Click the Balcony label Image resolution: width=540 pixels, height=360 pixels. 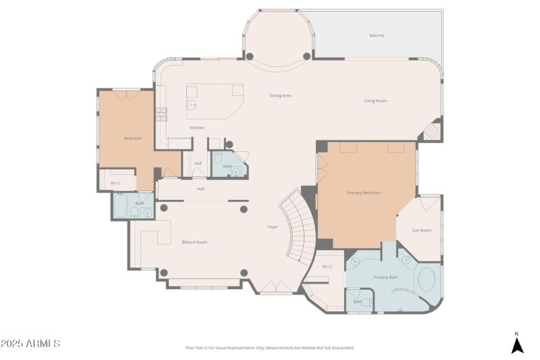(x=377, y=35)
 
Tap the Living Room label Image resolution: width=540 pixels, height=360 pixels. (x=375, y=101)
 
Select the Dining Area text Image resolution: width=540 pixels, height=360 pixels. (x=280, y=95)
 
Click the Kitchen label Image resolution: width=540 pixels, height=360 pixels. (x=196, y=128)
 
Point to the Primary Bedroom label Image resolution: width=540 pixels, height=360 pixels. (x=364, y=192)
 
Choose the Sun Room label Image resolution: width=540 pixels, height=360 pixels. (x=421, y=230)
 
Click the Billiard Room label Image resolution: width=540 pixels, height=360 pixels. (x=194, y=242)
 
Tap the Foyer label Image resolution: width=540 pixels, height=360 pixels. (x=273, y=227)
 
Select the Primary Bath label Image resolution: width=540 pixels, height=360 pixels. (x=386, y=277)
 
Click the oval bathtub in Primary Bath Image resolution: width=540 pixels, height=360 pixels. (x=427, y=280)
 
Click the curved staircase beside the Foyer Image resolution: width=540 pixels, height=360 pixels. (x=300, y=226)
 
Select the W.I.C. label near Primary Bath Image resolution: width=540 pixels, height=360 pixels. (x=328, y=266)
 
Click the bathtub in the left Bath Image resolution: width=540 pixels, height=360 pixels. (x=122, y=207)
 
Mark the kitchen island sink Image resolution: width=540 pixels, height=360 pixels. (x=192, y=105)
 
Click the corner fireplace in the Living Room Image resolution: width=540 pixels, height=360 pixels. (x=432, y=130)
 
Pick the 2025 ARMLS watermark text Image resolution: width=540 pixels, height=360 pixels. (x=30, y=344)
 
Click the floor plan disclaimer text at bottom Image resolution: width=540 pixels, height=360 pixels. (x=269, y=348)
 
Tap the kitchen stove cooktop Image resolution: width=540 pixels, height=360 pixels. (x=161, y=114)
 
